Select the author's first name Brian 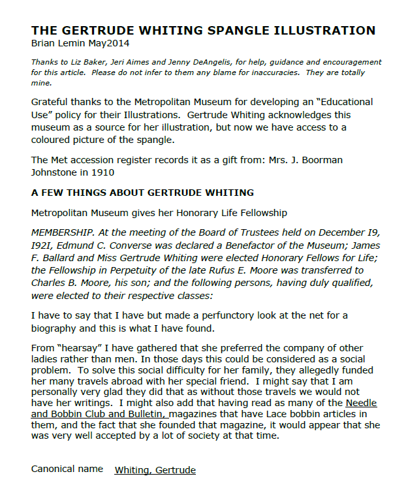(x=44, y=43)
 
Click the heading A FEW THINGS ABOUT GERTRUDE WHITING (x=142, y=193)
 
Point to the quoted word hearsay (x=80, y=348)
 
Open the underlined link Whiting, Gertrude (x=155, y=469)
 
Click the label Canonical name (x=67, y=469)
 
